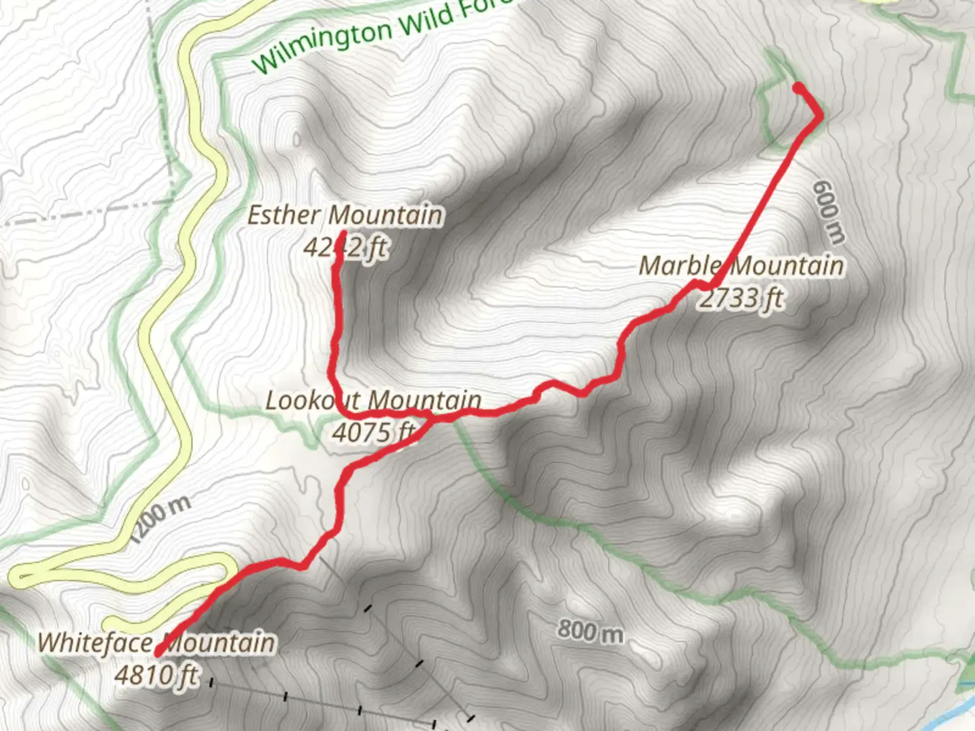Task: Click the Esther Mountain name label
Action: point(345,215)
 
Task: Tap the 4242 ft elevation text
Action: point(345,247)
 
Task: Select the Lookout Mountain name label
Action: point(373,400)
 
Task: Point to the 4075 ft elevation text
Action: point(373,431)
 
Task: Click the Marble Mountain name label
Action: point(741,265)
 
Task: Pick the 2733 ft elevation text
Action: point(741,297)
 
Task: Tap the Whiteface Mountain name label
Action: point(156,642)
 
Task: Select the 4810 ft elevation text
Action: point(156,674)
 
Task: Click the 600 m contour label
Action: point(829,211)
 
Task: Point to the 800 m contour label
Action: point(590,631)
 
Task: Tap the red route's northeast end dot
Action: point(799,87)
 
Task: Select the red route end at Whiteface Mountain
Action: point(158,654)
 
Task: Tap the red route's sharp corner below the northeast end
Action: point(820,116)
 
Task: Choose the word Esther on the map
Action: point(284,215)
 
